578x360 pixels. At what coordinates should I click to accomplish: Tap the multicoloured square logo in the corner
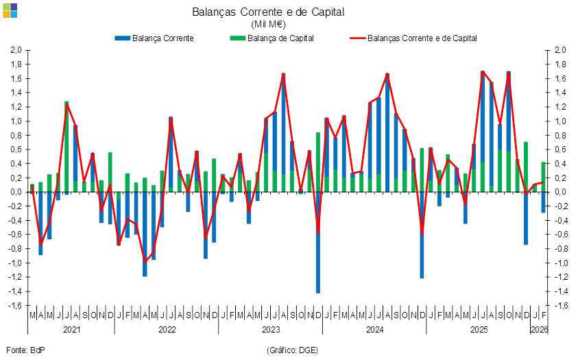click(10, 10)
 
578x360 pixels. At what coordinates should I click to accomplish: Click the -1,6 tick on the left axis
click(15, 306)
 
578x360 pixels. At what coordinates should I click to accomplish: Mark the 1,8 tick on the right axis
click(560, 64)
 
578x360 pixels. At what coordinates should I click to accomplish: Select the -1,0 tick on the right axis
click(560, 263)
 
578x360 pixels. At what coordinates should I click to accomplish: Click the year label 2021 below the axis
click(71, 330)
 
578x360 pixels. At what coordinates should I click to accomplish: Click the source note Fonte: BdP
click(25, 350)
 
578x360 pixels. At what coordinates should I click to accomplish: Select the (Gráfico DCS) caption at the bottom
click(291, 350)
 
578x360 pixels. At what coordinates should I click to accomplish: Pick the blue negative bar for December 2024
click(422, 237)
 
